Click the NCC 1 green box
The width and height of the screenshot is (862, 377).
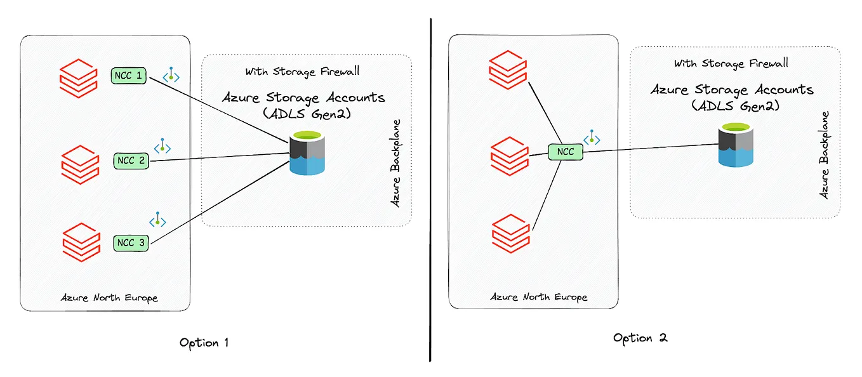tap(129, 76)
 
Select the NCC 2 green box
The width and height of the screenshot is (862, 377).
tap(131, 161)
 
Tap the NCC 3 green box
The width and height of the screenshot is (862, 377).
tap(131, 242)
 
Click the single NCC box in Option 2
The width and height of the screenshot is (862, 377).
tap(565, 152)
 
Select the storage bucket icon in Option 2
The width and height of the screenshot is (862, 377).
tap(735, 145)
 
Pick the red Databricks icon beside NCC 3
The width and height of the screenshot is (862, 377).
tap(81, 241)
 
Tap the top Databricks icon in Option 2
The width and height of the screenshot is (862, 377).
tap(508, 70)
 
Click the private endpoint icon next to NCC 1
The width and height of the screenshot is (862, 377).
tap(171, 76)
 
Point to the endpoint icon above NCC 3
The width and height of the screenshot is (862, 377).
tap(157, 220)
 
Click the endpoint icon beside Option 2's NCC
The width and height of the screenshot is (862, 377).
tap(592, 138)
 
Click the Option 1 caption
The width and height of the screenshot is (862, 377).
tap(204, 343)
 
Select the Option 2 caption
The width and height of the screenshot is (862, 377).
tap(640, 338)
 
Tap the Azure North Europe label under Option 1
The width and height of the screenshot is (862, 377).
tap(109, 297)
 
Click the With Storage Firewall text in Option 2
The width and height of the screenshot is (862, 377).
tap(731, 63)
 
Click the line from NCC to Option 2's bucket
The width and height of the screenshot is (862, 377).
tap(654, 149)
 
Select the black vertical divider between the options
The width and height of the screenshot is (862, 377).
tap(430, 190)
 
